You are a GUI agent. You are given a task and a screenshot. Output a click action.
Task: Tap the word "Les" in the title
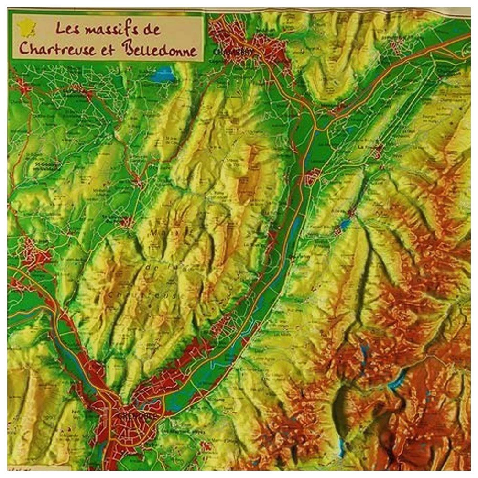67,29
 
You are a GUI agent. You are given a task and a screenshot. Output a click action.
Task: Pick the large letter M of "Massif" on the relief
155,233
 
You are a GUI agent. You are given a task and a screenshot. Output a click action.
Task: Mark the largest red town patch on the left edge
33,253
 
